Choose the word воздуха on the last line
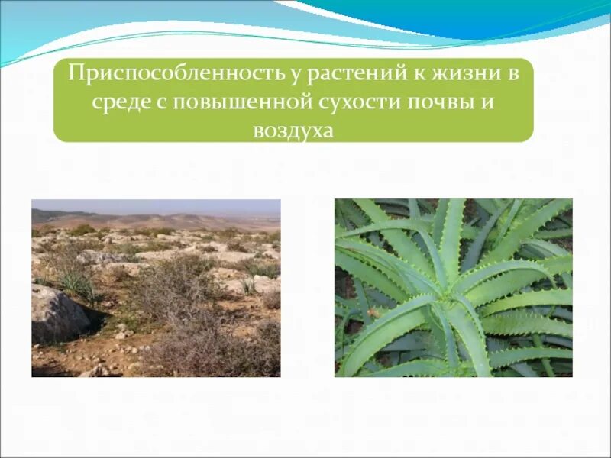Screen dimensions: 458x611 click(x=293, y=130)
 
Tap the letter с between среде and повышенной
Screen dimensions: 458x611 click(x=163, y=102)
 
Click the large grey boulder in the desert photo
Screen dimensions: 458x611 click(x=57, y=314)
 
